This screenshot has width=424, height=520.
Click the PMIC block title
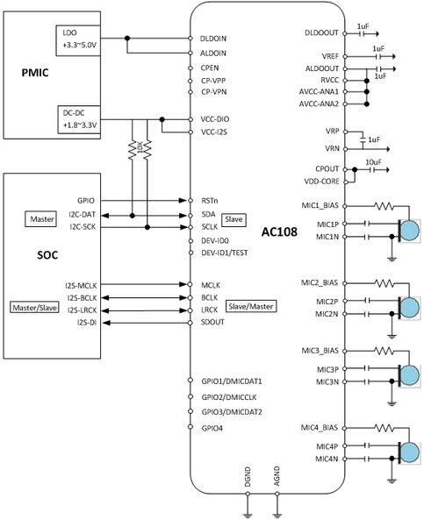[x=35, y=73]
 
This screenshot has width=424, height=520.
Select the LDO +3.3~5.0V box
[x=78, y=39]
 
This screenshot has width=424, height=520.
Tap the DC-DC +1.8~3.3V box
[x=79, y=120]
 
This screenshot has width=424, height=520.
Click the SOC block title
[x=47, y=255]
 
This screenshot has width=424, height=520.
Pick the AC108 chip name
[x=279, y=232]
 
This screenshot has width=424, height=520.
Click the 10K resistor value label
[x=140, y=147]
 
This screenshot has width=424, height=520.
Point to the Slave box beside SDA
[x=234, y=219]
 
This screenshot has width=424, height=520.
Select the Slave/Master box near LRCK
[x=251, y=306]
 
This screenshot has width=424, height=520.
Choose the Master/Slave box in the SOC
[x=34, y=308]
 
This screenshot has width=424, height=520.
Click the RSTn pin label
[x=210, y=201]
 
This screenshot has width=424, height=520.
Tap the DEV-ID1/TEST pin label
[x=225, y=253]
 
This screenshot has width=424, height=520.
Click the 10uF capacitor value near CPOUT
[x=374, y=162]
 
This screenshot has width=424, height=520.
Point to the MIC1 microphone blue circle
[x=410, y=231]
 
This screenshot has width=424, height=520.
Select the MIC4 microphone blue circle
[x=410, y=452]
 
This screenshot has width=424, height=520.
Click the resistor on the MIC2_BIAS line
[x=384, y=283]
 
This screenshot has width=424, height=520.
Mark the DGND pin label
[x=248, y=477]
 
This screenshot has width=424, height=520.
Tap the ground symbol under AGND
[x=277, y=515]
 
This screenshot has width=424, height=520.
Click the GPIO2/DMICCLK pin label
[x=229, y=397]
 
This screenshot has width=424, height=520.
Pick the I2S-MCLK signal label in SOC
[x=81, y=285]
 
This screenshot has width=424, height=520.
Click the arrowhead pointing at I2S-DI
[x=106, y=323]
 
